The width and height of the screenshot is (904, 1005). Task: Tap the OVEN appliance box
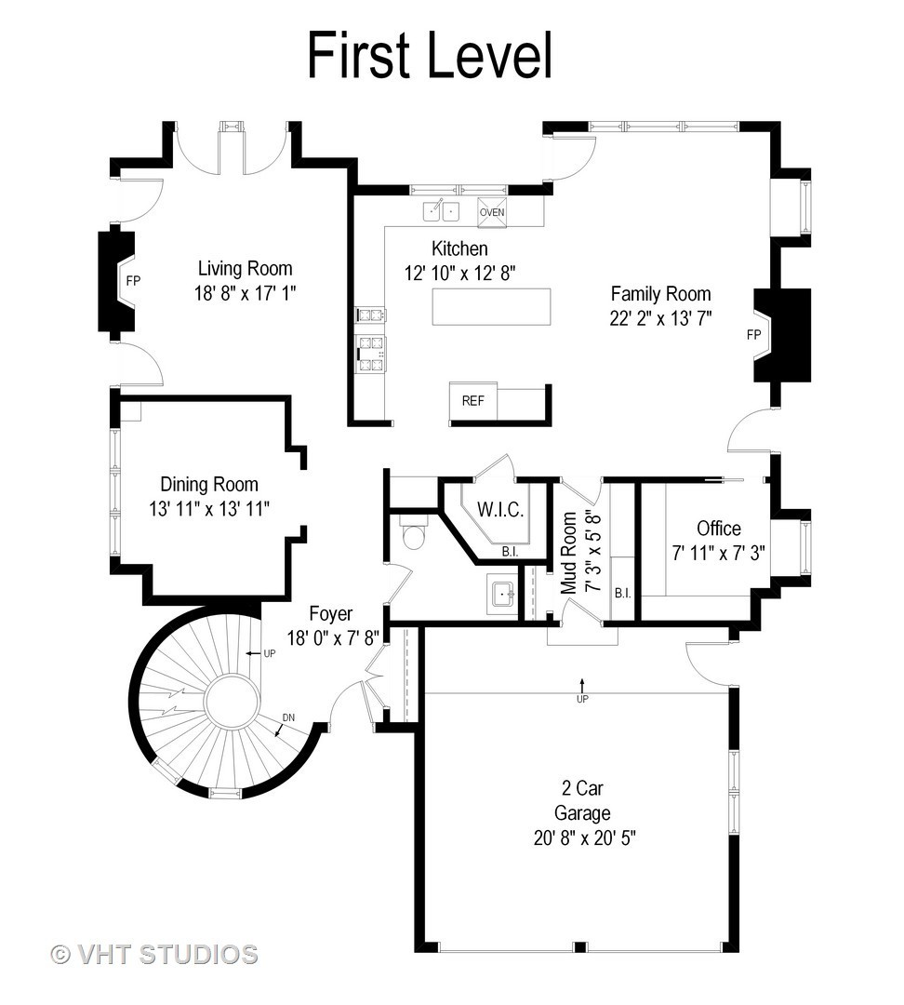tap(492, 212)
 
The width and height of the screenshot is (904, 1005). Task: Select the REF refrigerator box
tap(472, 401)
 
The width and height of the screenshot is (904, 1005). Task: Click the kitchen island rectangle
tap(491, 307)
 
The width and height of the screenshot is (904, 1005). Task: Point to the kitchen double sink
tap(441, 211)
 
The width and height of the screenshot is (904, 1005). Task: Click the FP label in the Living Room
tap(133, 281)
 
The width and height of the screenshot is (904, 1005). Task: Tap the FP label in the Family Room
tap(754, 335)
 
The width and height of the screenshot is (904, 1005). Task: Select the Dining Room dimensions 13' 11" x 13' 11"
tap(209, 509)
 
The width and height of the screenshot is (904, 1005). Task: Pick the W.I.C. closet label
tap(500, 510)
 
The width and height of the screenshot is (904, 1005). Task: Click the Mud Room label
tap(569, 553)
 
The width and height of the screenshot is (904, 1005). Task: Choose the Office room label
tap(719, 529)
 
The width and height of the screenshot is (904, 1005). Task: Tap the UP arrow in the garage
tap(582, 685)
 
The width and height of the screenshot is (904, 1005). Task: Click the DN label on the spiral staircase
tap(288, 717)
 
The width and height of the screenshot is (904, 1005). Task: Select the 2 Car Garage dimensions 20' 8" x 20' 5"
tap(584, 838)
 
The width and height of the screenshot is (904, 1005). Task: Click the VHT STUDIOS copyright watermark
tap(154, 955)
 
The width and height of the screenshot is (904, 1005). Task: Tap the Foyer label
tap(330, 613)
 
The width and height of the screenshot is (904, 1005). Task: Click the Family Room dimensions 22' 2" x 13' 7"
tap(660, 318)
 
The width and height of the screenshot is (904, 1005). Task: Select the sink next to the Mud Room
tap(502, 595)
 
